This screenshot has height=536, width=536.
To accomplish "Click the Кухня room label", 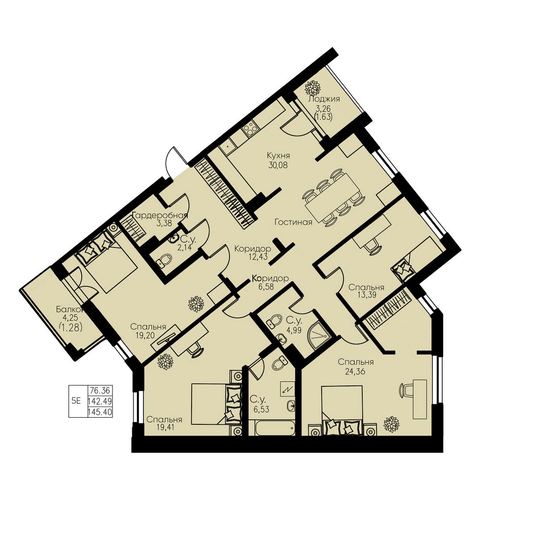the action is (278, 155).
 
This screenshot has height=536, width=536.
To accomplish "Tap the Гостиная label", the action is (293, 222).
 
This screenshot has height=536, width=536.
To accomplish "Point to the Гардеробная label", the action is (160, 215).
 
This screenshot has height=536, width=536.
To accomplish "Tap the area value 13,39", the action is (366, 295).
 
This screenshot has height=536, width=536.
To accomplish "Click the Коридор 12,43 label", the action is (252, 252).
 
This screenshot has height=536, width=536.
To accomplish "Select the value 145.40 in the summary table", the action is (100, 412).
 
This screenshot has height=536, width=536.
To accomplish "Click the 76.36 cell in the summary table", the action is (100, 390).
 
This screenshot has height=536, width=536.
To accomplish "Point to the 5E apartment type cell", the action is (76, 401).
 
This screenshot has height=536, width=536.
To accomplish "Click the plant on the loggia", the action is (312, 88).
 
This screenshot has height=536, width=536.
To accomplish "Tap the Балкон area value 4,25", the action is (71, 318).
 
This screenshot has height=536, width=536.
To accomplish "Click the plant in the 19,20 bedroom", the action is (196, 304).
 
